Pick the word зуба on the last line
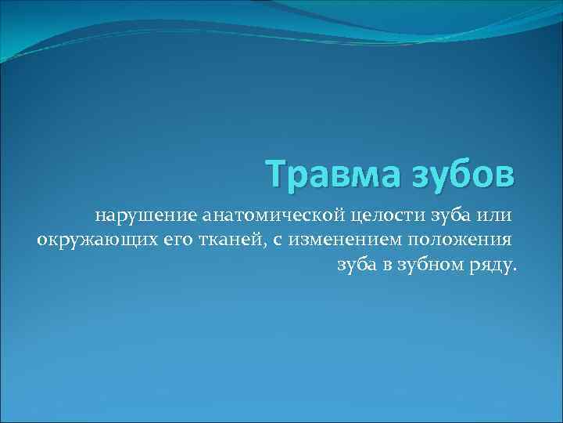coord(357,266)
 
